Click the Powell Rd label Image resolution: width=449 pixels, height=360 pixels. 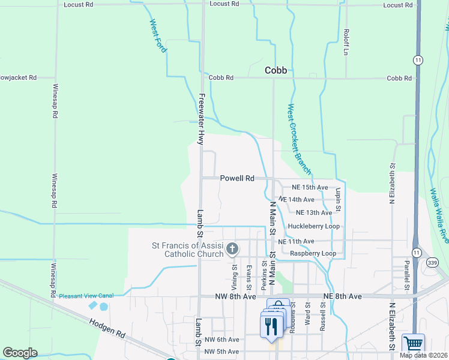(237, 178)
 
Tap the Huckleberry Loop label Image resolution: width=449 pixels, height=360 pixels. (313, 226)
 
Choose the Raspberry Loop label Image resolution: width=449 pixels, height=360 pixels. (313, 253)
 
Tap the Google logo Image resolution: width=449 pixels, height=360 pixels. (20, 352)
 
